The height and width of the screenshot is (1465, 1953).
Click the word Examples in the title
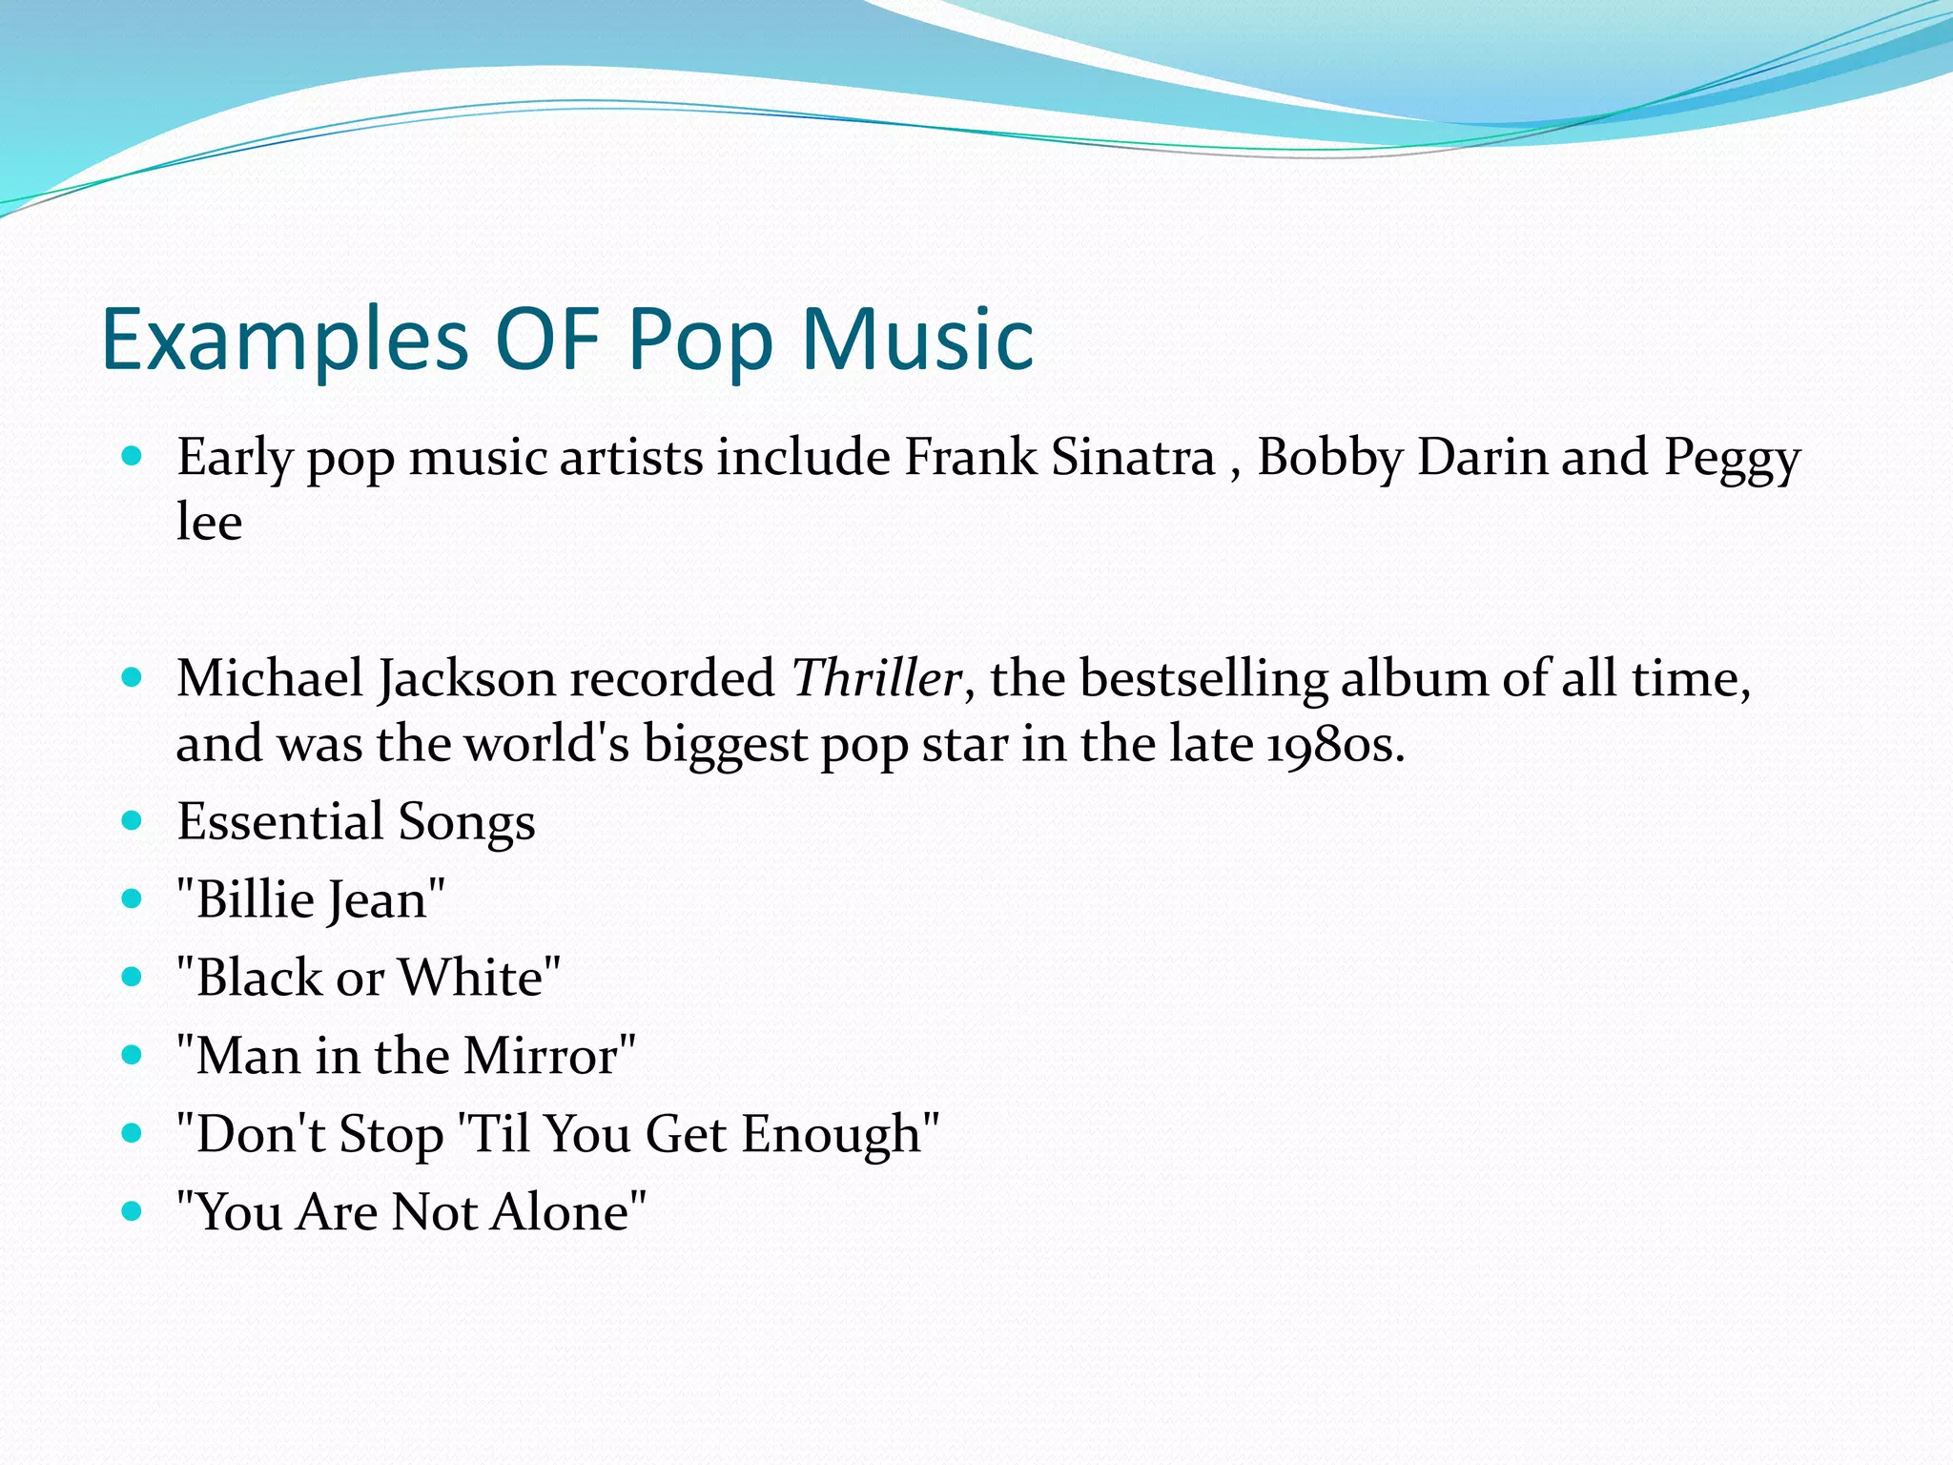pyautogui.click(x=284, y=340)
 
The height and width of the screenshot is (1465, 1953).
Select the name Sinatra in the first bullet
pyautogui.click(x=1133, y=457)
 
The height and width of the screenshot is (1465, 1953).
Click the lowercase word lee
pyautogui.click(x=209, y=522)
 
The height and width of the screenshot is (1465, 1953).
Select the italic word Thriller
pyautogui.click(x=875, y=679)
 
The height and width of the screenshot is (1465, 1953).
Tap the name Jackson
pyautogui.click(x=466, y=681)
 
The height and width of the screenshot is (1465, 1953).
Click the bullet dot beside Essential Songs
pyautogui.click(x=133, y=820)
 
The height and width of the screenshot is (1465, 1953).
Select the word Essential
pyautogui.click(x=280, y=821)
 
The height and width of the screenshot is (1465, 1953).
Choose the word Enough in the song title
pyautogui.click(x=832, y=1135)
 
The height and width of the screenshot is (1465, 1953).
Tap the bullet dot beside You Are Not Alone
pyautogui.click(x=133, y=1211)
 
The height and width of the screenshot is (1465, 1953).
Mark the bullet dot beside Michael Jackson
pyautogui.click(x=133, y=678)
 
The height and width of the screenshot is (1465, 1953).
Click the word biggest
pyautogui.click(x=725, y=745)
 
